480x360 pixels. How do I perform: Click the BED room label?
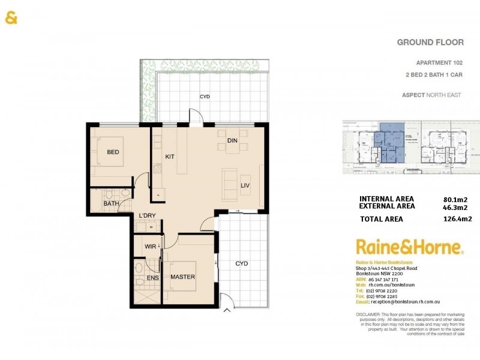click(113, 152)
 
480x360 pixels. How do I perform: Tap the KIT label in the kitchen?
click(169, 157)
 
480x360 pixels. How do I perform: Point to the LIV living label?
click(245, 185)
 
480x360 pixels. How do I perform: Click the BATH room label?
click(111, 204)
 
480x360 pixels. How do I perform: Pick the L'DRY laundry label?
click(148, 216)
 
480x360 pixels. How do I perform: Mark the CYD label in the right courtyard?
click(241, 263)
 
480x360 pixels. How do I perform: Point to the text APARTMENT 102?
click(439, 63)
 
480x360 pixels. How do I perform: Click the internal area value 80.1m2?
click(454, 199)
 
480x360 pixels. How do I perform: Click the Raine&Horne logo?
click(409, 247)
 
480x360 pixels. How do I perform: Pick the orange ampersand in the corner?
click(11, 18)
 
